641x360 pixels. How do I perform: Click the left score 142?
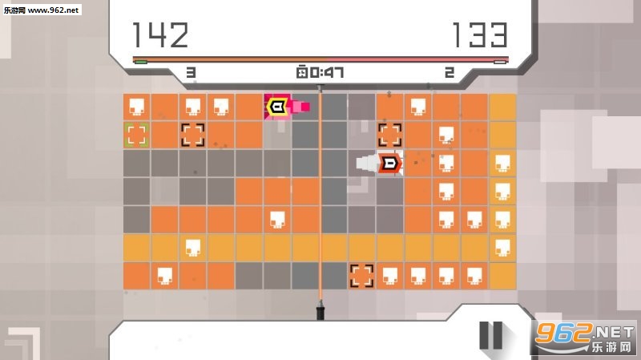pos(160,35)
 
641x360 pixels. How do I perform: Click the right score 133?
pos(480,35)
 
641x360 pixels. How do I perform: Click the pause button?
pos(490,335)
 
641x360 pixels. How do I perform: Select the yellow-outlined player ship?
pos(276,107)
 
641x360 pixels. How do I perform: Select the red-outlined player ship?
pos(390,164)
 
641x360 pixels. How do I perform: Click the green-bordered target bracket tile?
pos(136,136)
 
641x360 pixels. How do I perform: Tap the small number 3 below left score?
pos(191,73)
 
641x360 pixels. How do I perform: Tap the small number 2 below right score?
pos(450,73)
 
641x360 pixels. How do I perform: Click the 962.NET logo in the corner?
pos(585,337)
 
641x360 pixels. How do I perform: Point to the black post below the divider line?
pos(320,310)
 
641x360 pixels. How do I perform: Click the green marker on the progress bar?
pos(141,63)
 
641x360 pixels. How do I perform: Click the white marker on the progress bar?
pos(500,63)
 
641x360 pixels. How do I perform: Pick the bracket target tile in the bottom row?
pos(362,276)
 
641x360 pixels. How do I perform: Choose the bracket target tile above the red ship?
pos(389,136)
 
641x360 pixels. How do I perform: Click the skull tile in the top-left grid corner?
pos(136,107)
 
